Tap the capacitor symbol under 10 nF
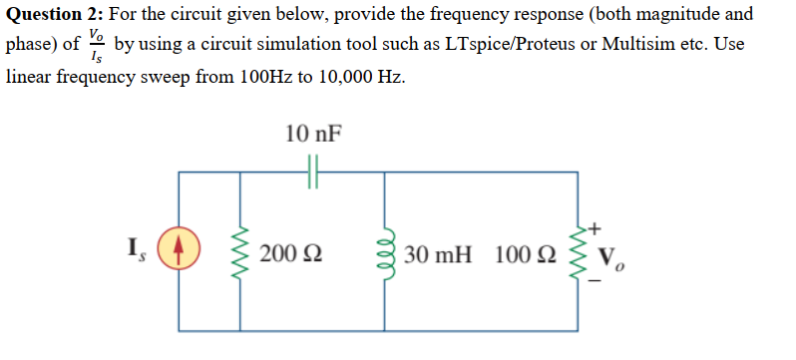tap(312, 174)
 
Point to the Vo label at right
tap(611, 255)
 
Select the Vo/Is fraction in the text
tap(96, 47)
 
